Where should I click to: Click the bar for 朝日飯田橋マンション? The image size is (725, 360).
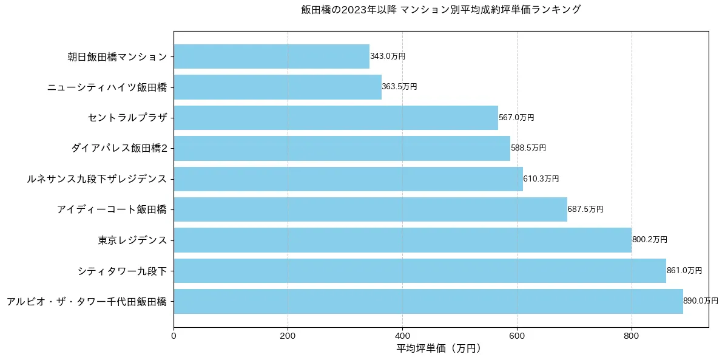pyautogui.click(x=271, y=56)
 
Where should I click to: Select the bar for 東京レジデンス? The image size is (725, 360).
pyautogui.click(x=402, y=240)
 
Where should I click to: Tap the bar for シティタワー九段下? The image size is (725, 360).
pyautogui.click(x=420, y=271)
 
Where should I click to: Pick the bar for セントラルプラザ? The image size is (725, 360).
pyautogui.click(x=336, y=118)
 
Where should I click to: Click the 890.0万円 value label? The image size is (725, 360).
pyautogui.click(x=700, y=301)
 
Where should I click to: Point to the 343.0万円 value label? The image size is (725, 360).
pyautogui.click(x=387, y=56)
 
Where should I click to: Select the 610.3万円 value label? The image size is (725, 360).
pyautogui.click(x=541, y=179)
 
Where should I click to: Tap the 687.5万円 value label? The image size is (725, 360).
pyautogui.click(x=585, y=209)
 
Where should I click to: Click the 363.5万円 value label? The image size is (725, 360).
pyautogui.click(x=399, y=87)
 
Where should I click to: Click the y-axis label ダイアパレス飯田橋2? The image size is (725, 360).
pyautogui.click(x=118, y=148)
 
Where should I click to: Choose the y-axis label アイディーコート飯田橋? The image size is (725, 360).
pyautogui.click(x=112, y=209)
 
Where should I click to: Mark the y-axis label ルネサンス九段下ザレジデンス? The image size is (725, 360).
pyautogui.click(x=96, y=179)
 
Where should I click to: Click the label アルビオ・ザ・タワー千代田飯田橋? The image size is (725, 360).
pyautogui.click(x=86, y=301)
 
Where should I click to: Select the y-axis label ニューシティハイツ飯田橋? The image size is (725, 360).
pyautogui.click(x=107, y=87)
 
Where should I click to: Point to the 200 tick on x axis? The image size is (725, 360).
pyautogui.click(x=288, y=336)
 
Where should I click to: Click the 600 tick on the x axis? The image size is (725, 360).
pyautogui.click(x=517, y=336)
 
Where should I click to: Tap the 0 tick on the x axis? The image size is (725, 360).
pyautogui.click(x=174, y=336)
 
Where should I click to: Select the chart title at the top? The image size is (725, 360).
pyautogui.click(x=440, y=10)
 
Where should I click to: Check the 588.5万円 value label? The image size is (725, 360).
pyautogui.click(x=528, y=148)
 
